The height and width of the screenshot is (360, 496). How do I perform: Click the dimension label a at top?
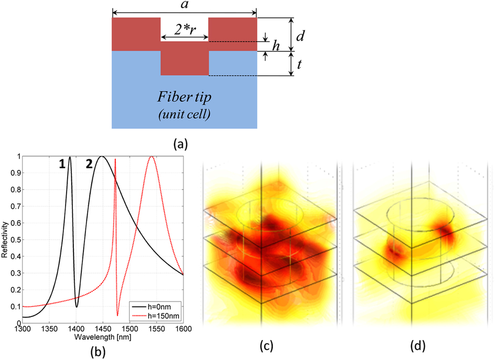click(x=184, y=5)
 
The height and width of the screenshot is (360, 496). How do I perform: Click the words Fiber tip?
click(x=185, y=99)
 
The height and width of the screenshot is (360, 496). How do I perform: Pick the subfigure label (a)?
click(x=185, y=141)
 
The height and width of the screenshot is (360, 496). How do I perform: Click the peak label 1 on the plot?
click(x=61, y=164)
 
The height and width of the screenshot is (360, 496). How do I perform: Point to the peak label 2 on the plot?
click(x=89, y=164)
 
